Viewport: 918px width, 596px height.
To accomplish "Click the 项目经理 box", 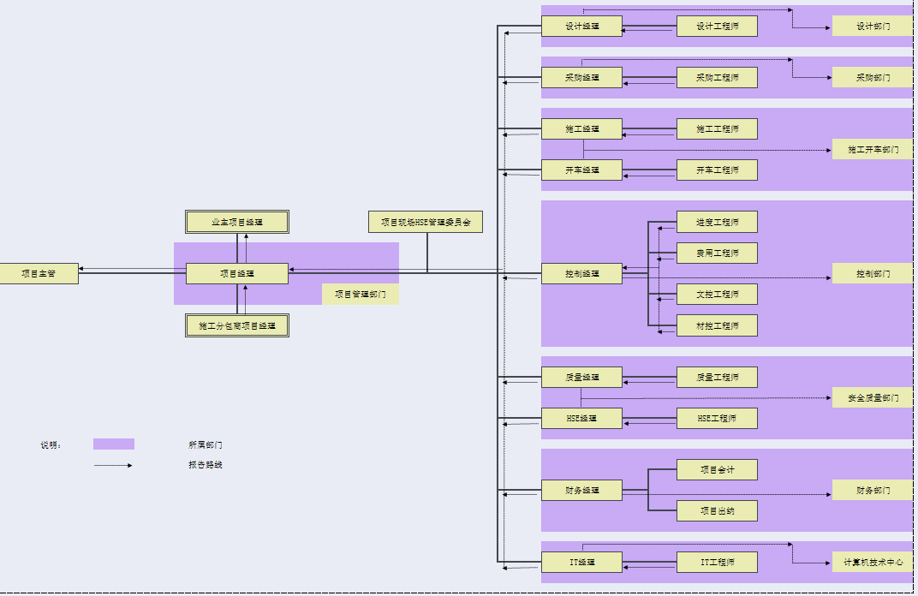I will [x=237, y=274].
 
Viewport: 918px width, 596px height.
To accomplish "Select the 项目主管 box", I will [x=39, y=274].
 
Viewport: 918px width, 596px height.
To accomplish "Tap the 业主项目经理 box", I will [x=237, y=222].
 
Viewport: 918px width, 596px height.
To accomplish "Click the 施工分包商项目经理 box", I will [x=237, y=325].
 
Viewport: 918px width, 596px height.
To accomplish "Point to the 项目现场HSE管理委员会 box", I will [x=426, y=222].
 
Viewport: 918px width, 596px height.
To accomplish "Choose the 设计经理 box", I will [x=581, y=27].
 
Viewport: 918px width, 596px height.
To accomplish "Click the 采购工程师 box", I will [x=717, y=78].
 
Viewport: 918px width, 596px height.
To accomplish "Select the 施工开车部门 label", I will [x=873, y=150].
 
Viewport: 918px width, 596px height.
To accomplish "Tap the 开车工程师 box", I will [x=717, y=170].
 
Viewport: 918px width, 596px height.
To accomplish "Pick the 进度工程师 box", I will [x=717, y=222].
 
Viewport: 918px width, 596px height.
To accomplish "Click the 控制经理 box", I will [x=581, y=274].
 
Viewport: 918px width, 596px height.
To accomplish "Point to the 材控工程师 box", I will [x=717, y=325].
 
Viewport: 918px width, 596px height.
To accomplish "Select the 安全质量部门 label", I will [x=873, y=397].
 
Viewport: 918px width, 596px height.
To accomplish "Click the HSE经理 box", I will [x=581, y=419].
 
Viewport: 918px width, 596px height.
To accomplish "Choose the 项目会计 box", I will [x=717, y=470].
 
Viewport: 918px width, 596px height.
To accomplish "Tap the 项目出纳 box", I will [x=717, y=511].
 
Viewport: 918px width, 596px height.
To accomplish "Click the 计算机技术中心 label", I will [x=873, y=563].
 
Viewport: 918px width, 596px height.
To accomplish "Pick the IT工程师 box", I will [x=717, y=563].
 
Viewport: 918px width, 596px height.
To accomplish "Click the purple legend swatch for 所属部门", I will [x=114, y=444].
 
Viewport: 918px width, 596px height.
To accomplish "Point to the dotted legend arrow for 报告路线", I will [x=113, y=466].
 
